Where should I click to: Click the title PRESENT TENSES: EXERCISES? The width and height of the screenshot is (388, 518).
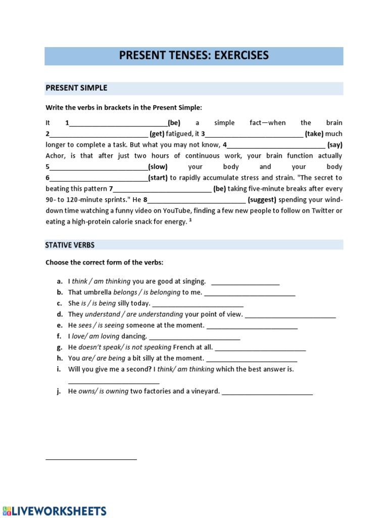(x=193, y=56)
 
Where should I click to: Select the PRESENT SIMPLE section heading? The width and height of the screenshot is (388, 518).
(x=76, y=88)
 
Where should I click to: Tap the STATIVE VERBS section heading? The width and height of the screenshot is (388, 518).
(x=70, y=245)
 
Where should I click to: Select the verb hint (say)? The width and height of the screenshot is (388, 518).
(x=334, y=145)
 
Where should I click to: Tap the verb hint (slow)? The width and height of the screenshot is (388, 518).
(x=158, y=167)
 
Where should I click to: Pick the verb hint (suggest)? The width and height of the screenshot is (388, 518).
(x=262, y=200)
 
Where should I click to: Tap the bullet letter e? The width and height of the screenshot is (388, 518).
(x=59, y=325)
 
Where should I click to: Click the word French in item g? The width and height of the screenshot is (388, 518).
(x=183, y=348)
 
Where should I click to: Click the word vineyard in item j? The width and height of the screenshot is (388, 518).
(x=202, y=392)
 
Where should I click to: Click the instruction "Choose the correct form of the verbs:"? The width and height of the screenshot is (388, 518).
(x=105, y=263)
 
